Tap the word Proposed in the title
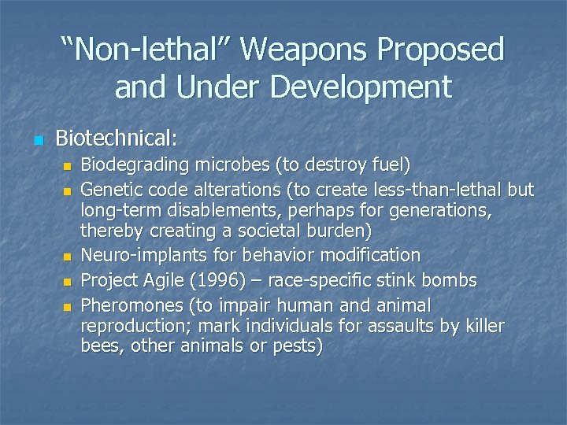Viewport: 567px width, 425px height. (442, 50)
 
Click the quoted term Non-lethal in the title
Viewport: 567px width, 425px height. (146, 50)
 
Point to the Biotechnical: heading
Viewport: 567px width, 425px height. (117, 139)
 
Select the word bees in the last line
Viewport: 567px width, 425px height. (99, 346)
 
